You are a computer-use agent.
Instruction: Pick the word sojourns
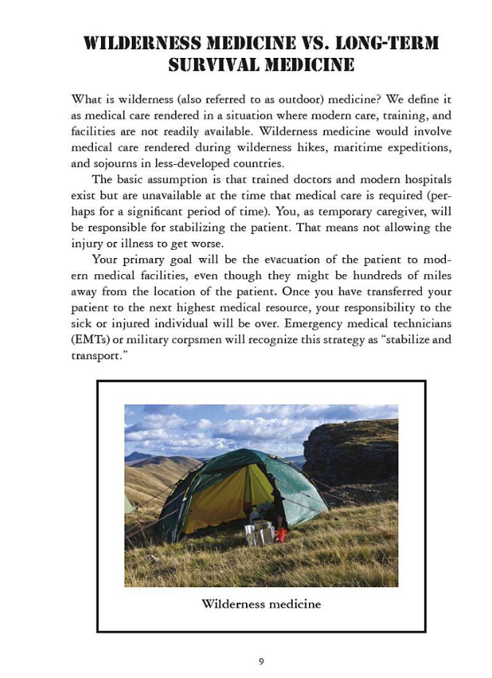[x=134, y=163]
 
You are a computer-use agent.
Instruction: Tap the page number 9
[x=261, y=661]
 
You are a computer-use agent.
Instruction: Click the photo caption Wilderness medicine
[x=261, y=604]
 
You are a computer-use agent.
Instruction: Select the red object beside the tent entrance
[x=280, y=534]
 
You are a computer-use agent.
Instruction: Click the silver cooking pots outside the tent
[x=261, y=532]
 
